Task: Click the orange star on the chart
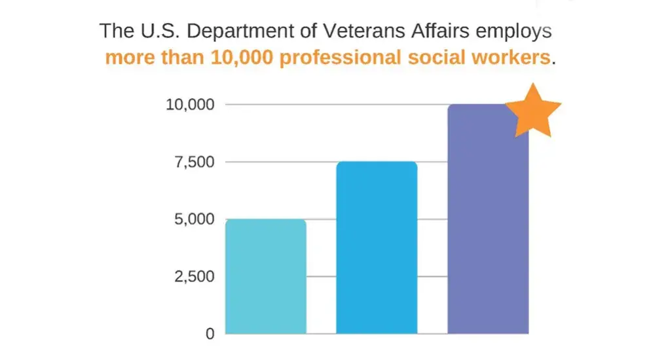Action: (533, 112)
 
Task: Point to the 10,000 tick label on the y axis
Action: (189, 105)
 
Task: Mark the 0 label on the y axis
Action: (210, 334)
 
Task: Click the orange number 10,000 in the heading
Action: (244, 58)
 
